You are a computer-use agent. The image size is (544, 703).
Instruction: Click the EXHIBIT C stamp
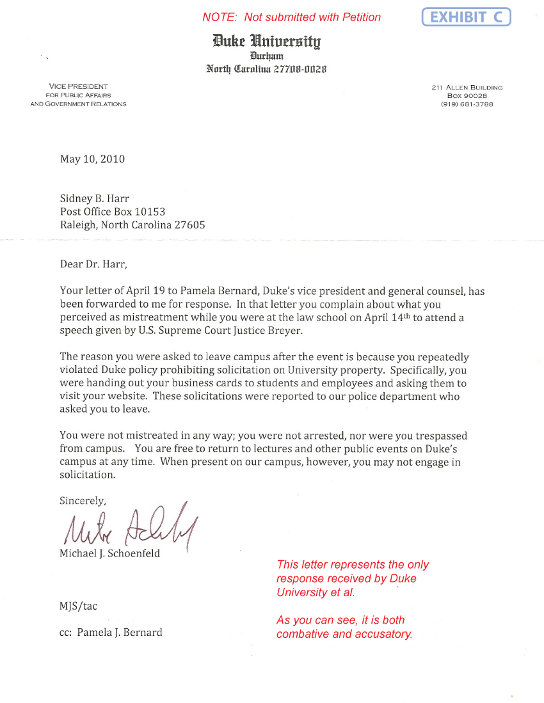(467, 17)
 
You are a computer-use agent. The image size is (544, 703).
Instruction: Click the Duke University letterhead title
(267, 42)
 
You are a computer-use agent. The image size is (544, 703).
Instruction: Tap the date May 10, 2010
(92, 159)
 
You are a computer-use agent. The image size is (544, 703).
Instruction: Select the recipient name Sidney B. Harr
(95, 199)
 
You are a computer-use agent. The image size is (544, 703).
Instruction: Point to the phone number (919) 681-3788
(467, 104)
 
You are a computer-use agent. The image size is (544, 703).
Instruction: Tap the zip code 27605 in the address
(189, 225)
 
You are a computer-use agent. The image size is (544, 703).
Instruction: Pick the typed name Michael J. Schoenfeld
(109, 553)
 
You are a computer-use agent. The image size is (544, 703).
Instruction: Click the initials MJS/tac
(78, 606)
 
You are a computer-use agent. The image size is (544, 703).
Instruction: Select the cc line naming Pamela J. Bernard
(111, 633)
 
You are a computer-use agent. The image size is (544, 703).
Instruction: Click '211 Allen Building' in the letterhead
(467, 88)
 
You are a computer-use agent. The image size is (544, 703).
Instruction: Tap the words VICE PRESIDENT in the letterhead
(78, 86)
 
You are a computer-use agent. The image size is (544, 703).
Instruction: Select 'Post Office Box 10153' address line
(115, 212)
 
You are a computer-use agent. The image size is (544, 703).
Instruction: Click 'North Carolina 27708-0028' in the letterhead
(267, 69)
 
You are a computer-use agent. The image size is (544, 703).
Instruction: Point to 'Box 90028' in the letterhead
(467, 96)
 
